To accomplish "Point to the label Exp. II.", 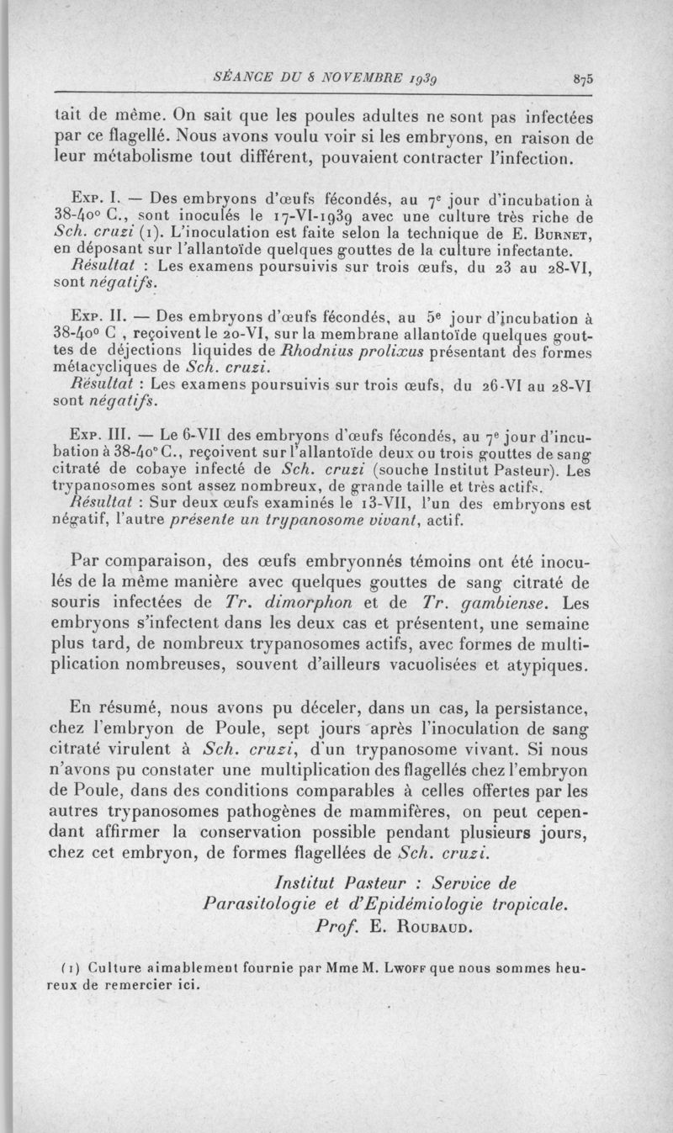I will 99,319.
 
